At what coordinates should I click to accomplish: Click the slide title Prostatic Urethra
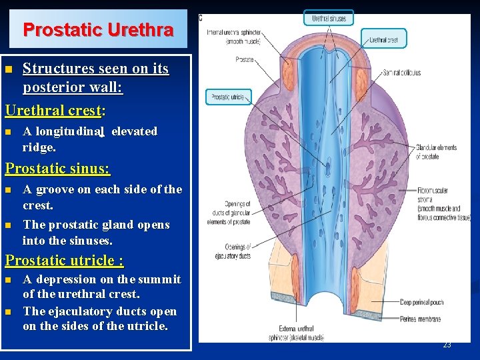tap(98, 30)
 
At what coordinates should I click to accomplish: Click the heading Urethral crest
tap(53, 111)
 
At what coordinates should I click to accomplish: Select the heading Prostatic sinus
tap(57, 169)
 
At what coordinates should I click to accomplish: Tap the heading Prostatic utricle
tap(64, 260)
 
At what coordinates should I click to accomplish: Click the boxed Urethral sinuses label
tap(329, 19)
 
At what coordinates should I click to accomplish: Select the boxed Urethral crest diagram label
tap(383, 40)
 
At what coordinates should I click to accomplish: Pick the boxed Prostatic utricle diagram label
tap(229, 97)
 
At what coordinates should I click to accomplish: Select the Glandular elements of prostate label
tap(437, 152)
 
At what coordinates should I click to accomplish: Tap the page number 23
tap(447, 345)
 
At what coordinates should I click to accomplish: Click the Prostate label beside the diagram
tap(244, 59)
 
